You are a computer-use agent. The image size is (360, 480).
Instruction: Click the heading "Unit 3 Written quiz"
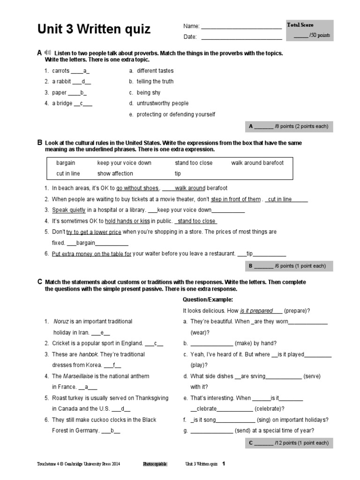point(94,30)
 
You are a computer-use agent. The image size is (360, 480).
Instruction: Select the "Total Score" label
point(300,25)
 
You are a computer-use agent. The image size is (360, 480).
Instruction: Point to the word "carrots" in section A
point(60,71)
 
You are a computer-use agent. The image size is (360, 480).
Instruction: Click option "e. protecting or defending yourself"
point(172,114)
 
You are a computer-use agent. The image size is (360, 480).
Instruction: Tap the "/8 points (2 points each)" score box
point(289,126)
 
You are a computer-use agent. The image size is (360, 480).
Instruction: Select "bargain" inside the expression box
point(66,163)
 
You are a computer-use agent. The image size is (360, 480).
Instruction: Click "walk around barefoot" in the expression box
point(257,163)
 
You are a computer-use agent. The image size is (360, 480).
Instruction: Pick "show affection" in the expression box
point(115,173)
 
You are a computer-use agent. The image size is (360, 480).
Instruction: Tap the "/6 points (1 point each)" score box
point(289,266)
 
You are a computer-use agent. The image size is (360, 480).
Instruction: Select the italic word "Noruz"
point(61,321)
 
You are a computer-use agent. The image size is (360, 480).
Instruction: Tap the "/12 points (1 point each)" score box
point(289,442)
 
